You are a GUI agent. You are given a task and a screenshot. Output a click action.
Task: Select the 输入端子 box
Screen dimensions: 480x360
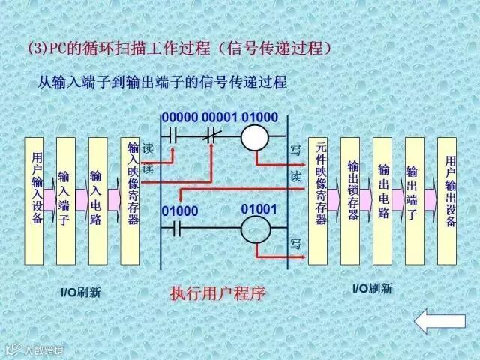[x=66, y=200]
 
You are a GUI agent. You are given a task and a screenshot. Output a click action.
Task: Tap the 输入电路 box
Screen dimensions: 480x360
[x=97, y=200]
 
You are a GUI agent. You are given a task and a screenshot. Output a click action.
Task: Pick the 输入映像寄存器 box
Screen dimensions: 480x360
[x=130, y=200]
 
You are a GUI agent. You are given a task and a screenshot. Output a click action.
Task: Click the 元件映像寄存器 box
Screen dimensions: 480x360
[x=319, y=200]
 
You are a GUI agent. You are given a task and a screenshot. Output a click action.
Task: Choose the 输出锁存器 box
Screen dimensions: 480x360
[x=351, y=200]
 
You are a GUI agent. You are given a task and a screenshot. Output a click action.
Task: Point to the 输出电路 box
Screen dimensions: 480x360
[x=382, y=200]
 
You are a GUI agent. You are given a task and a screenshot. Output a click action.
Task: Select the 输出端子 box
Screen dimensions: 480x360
[x=414, y=200]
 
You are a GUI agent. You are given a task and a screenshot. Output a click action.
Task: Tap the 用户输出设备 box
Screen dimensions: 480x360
[x=448, y=200]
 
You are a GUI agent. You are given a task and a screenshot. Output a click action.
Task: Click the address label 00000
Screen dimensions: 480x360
[x=178, y=118]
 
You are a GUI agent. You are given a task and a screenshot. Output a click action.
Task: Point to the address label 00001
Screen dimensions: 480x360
[x=219, y=118]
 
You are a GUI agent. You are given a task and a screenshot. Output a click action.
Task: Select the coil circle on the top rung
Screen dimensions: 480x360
[x=257, y=138]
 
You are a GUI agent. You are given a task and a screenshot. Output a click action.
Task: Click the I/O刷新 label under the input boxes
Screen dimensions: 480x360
[x=80, y=292]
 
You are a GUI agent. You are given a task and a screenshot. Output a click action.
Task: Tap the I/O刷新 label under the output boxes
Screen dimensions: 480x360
[x=372, y=288]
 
